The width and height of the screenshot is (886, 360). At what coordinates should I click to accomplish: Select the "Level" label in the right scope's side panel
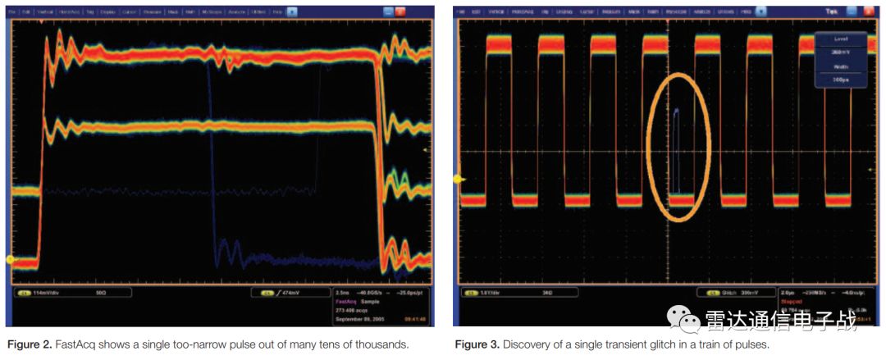pyautogui.click(x=841, y=39)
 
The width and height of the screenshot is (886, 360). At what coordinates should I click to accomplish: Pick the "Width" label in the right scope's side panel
pyautogui.click(x=841, y=68)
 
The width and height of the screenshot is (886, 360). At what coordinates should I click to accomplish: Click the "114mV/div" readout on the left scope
pyautogui.click(x=48, y=293)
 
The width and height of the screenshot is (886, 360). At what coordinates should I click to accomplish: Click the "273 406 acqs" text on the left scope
pyautogui.click(x=353, y=309)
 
